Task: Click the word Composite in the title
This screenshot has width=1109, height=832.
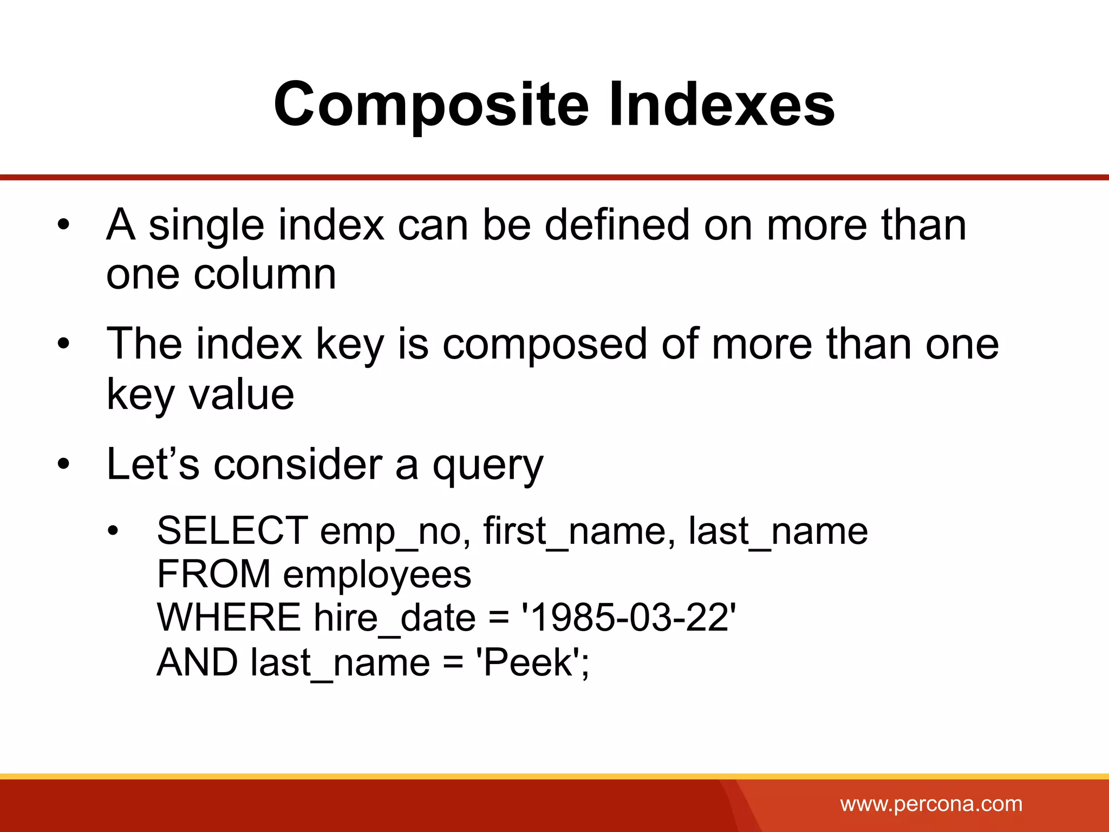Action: [431, 105]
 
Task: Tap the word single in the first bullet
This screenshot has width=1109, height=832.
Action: [206, 225]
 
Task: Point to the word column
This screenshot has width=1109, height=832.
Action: [265, 274]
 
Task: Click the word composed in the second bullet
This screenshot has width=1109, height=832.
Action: [545, 344]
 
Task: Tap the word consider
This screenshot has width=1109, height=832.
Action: [298, 464]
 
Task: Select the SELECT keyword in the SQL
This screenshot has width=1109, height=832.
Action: [232, 530]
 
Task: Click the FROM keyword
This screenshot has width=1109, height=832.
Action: [213, 574]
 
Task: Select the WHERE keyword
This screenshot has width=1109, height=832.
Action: [229, 617]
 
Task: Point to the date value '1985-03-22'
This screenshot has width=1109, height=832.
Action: [629, 617]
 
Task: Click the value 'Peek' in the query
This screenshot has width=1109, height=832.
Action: [527, 662]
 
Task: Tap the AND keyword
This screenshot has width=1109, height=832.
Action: [197, 662]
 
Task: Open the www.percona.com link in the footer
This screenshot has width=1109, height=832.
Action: [931, 804]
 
